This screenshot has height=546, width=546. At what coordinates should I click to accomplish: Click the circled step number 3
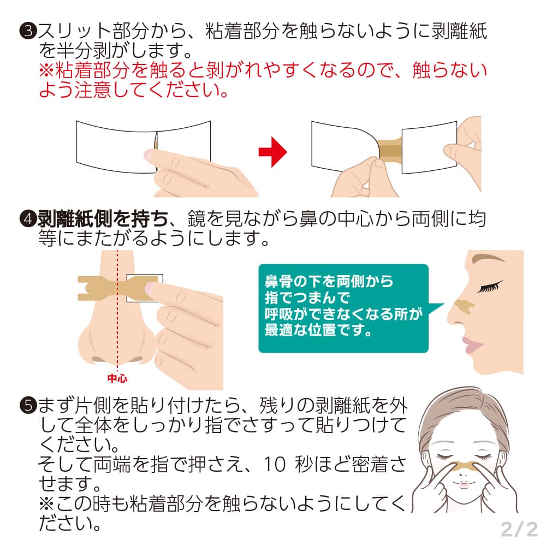[x=27, y=32]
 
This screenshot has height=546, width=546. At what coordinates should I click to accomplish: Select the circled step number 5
[x=27, y=406]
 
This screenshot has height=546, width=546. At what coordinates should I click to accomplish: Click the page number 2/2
[x=519, y=528]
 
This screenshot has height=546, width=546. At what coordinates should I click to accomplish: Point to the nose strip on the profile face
[x=464, y=306]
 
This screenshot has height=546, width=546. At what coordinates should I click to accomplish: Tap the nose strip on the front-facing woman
[x=462, y=465]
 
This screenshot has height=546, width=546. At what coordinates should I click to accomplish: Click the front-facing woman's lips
[x=462, y=484]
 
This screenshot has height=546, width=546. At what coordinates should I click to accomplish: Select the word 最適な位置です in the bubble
[x=310, y=331]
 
